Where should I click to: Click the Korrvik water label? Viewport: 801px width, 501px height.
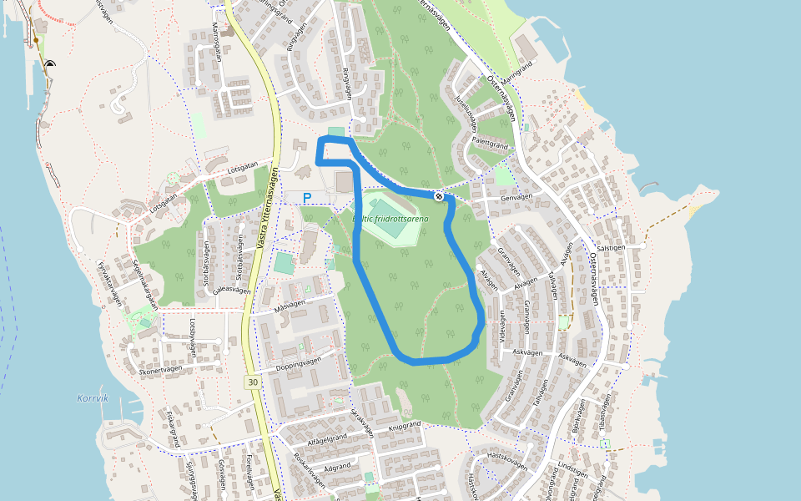pyautogui.click(x=93, y=398)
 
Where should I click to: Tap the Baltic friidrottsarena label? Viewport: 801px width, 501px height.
pyautogui.click(x=391, y=219)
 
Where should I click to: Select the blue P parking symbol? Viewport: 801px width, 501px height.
pyautogui.click(x=307, y=198)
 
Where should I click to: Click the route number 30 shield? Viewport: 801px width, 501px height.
pyautogui.click(x=252, y=381)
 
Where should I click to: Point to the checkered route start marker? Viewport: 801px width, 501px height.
pyautogui.click(x=439, y=195)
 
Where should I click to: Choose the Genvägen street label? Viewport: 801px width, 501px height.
pyautogui.click(x=516, y=197)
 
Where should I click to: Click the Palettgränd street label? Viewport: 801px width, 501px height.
pyautogui.click(x=490, y=144)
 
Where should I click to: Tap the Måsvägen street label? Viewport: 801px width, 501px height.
pyautogui.click(x=291, y=306)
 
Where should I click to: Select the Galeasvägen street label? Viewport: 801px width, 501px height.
pyautogui.click(x=232, y=291)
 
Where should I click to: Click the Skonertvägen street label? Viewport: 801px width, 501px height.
pyautogui.click(x=161, y=372)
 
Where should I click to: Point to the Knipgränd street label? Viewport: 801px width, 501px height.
pyautogui.click(x=406, y=424)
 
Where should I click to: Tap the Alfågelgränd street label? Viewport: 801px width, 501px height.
pyautogui.click(x=328, y=437)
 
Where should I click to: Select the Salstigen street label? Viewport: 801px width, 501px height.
pyautogui.click(x=611, y=248)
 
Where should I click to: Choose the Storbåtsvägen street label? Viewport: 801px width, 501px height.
pyautogui.click(x=206, y=265)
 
